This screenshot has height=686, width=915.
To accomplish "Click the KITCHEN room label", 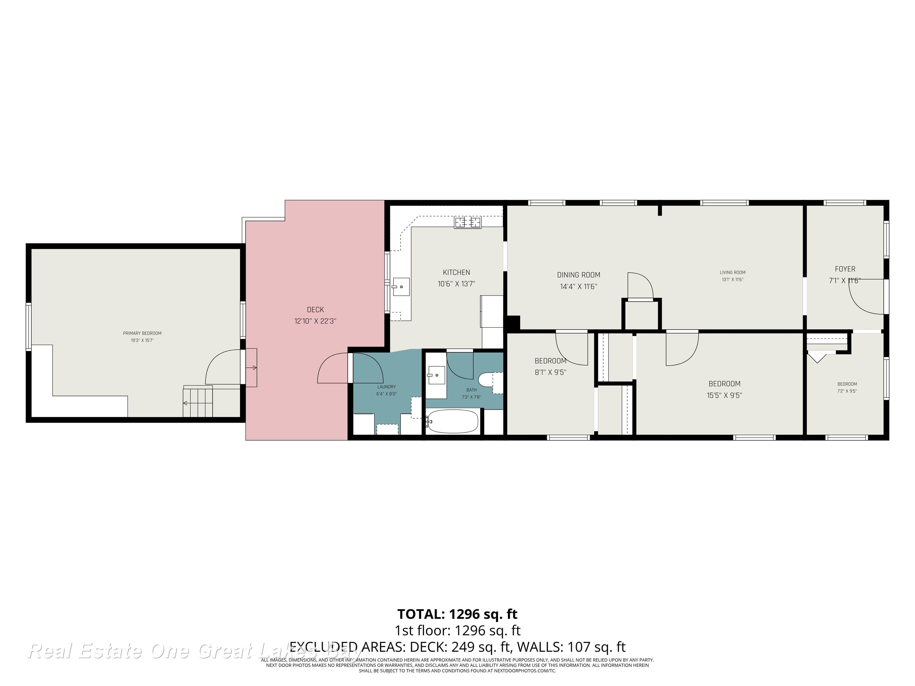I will point(456,272).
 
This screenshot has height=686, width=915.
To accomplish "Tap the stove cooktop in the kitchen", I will point(468,222).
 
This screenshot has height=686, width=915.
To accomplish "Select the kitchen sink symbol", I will point(401,286).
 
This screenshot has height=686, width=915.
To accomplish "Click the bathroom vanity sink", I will point(436,375).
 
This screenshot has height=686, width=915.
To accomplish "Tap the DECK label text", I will point(315,309).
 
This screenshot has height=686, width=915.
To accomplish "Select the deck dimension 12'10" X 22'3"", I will point(315,321).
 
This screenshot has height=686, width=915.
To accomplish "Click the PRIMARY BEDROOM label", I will point(142,333).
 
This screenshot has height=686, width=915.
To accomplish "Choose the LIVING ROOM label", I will point(733,272).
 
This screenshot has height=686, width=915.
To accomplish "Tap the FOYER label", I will point(845,269).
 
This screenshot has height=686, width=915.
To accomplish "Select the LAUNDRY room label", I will point(386,387).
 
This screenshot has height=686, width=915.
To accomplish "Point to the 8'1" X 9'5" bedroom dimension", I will point(550,372).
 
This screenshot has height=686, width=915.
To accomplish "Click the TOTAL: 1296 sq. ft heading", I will point(457,614).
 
